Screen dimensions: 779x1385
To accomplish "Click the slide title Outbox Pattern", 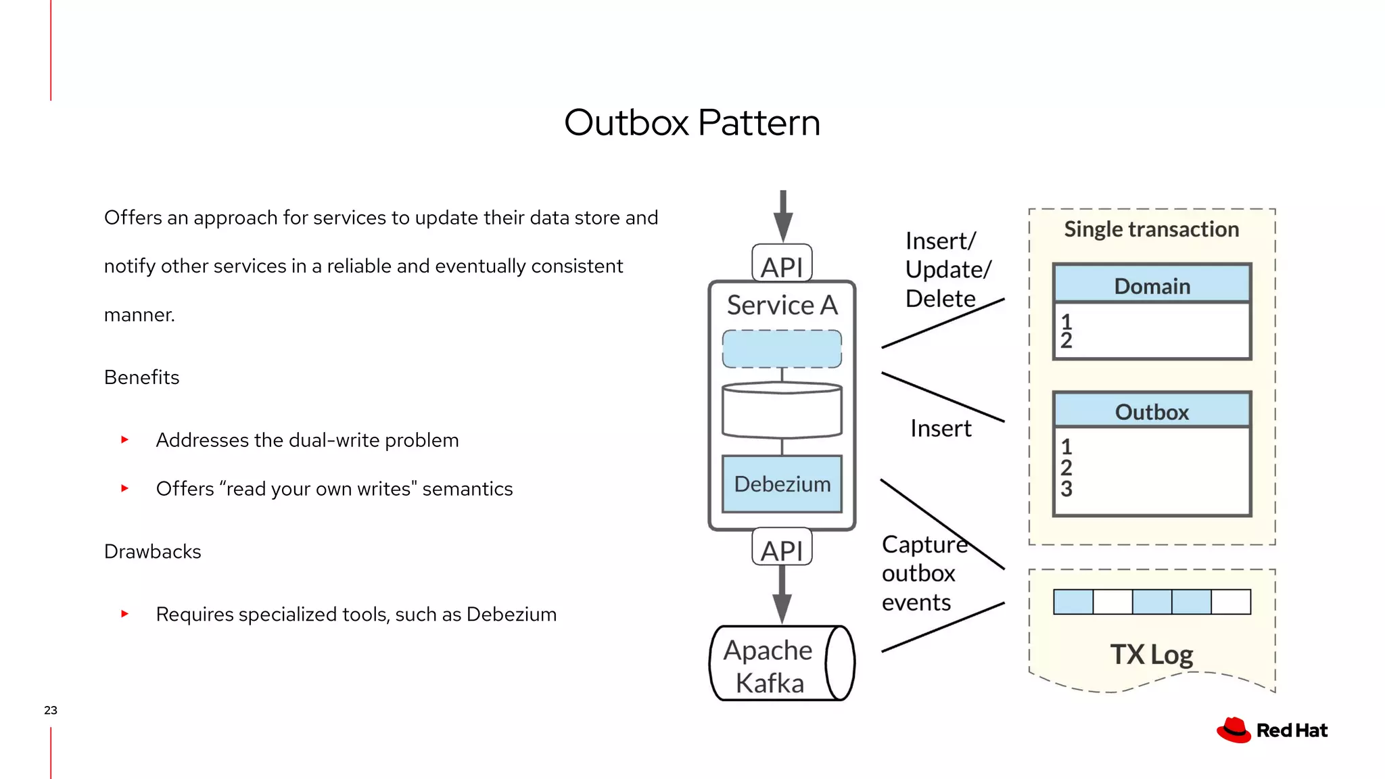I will [692, 122].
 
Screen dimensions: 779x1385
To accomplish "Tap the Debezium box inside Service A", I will [782, 484].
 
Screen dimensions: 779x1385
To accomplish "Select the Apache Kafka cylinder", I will [781, 663].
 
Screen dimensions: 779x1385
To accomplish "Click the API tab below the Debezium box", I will [782, 548].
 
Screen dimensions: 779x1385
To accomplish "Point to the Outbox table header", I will [1152, 410].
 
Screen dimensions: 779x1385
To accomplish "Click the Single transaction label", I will [1151, 229].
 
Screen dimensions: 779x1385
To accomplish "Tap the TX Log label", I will [1151, 654].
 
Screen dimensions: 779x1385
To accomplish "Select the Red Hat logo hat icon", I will [1234, 730].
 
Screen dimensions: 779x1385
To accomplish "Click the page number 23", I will [51, 710].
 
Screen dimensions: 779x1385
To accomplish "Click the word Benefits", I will [141, 377].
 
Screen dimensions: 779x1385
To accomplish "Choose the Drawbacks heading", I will [152, 552].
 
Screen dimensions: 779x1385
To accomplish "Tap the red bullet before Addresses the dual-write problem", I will [124, 440].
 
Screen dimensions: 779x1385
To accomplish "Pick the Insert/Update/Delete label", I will [947, 270].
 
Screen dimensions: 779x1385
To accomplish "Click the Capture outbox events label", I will [923, 573].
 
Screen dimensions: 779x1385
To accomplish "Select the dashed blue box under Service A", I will [782, 349].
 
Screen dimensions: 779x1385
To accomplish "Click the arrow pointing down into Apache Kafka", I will [782, 595].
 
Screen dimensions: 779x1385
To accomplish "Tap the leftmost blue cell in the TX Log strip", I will [1073, 602].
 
